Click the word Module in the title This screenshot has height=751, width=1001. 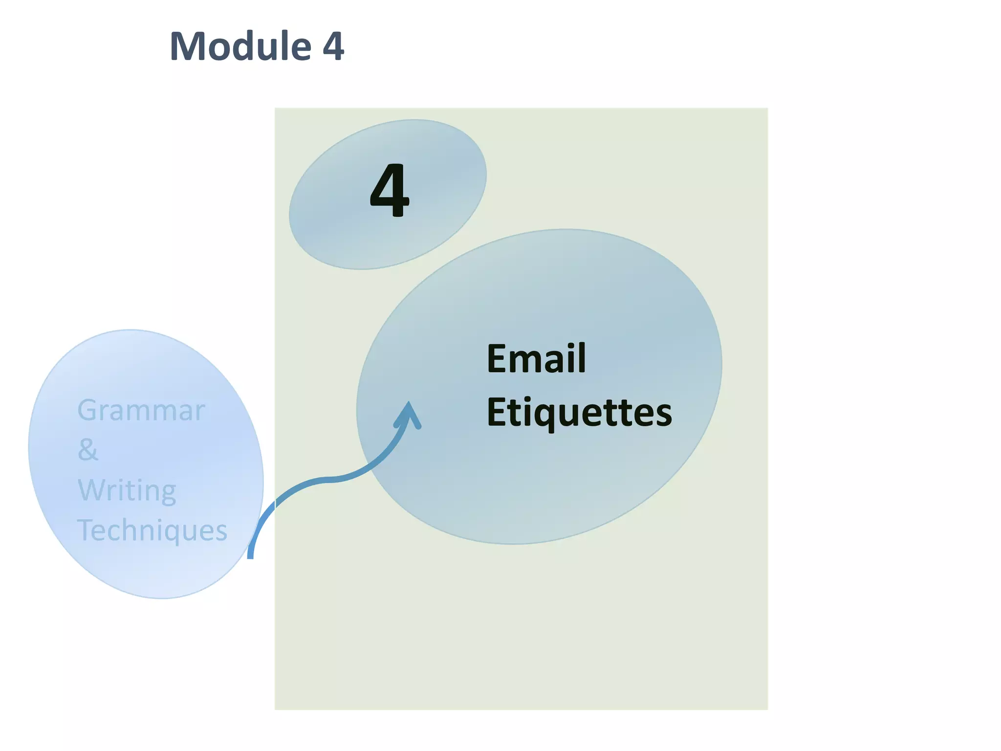click(x=240, y=46)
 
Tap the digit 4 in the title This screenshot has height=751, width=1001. click(x=333, y=47)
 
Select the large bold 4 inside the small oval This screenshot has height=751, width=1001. click(x=389, y=191)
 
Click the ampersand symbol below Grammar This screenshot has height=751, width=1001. click(x=88, y=449)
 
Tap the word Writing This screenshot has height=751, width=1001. click(x=127, y=490)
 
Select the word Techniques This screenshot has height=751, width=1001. click(x=152, y=530)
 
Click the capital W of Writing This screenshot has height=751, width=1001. click(x=92, y=490)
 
